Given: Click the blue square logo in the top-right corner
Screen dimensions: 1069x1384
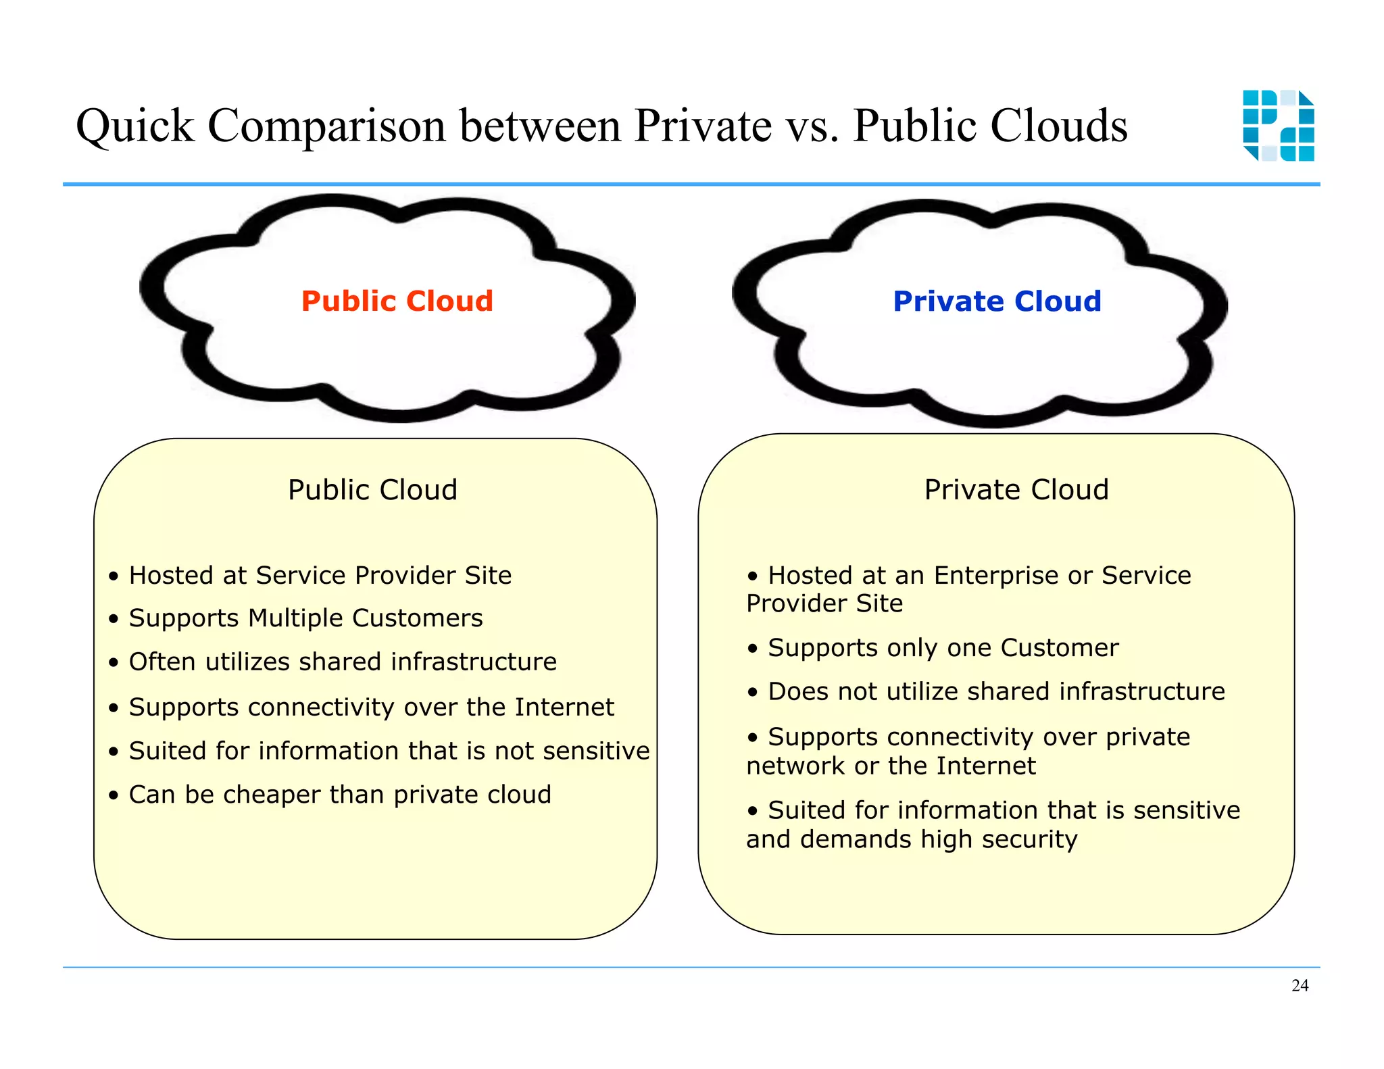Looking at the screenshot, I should tap(1278, 126).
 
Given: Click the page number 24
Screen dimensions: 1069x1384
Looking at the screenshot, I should tap(1300, 985).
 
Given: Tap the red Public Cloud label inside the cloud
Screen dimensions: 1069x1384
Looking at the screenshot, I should tap(397, 301).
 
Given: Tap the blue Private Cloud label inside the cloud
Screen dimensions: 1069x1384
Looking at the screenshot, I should tap(997, 301).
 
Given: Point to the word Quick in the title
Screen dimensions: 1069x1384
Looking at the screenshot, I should tap(134, 126).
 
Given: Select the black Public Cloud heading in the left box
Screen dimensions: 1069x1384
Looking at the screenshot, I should tap(372, 489).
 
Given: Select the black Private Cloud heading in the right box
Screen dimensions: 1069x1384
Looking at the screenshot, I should tap(1016, 489).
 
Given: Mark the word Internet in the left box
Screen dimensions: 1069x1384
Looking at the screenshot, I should tap(564, 707).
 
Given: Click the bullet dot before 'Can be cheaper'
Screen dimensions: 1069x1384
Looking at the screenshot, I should tap(114, 795).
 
